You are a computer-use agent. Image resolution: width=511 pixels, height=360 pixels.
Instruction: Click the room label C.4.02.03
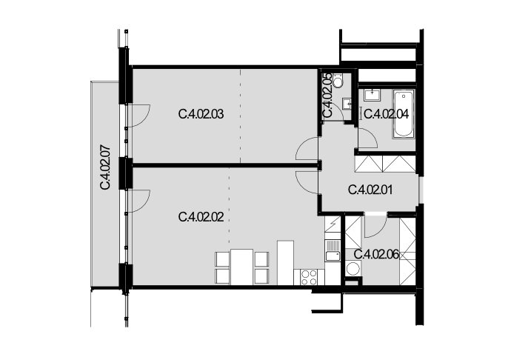[x=201, y=115]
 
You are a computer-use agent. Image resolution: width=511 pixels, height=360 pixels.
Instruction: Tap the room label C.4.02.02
[x=201, y=217]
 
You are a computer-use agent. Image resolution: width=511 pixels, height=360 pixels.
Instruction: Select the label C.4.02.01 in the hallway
[x=370, y=190]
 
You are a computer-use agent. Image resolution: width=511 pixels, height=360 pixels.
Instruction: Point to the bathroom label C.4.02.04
[x=386, y=115]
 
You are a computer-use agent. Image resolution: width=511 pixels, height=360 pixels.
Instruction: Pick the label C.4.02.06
[x=376, y=254]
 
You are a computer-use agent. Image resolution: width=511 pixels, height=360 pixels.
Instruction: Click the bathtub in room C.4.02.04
[x=404, y=113]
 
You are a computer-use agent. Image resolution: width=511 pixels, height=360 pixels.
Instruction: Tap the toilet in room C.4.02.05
[x=338, y=81]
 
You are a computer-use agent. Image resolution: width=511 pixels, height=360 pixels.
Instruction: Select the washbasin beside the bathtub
[x=372, y=95]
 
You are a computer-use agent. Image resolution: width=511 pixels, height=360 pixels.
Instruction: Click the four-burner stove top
[x=309, y=278]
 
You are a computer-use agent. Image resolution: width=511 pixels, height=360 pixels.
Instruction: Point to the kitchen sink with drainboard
[x=333, y=250]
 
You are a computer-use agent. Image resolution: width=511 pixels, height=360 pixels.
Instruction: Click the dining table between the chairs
[x=242, y=267]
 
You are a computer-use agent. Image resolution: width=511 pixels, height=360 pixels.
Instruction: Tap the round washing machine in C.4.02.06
[x=353, y=269]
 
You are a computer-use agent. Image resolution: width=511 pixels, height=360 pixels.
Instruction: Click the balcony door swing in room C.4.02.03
[x=138, y=116]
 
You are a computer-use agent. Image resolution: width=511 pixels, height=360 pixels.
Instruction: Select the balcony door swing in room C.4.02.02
[x=138, y=201]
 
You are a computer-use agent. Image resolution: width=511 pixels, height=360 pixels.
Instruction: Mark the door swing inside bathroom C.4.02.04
[x=367, y=139]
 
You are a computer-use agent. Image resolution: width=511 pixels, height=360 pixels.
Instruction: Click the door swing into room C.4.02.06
[x=375, y=227]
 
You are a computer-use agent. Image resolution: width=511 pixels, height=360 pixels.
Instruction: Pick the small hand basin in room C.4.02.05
[x=347, y=104]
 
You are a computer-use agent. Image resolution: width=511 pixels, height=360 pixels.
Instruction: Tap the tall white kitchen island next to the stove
[x=285, y=263]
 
